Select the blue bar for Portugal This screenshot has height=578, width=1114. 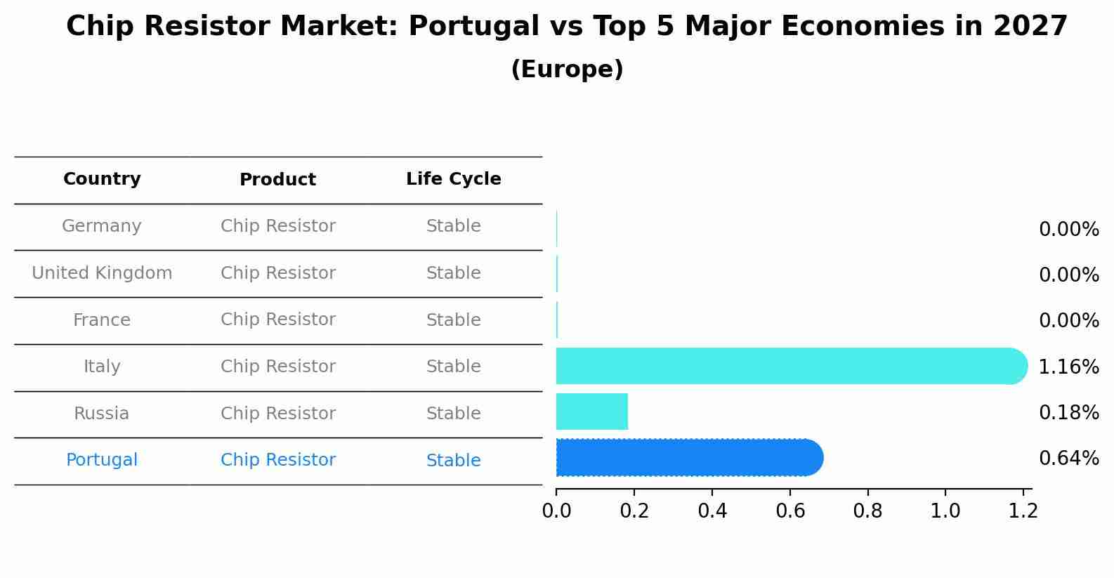pyautogui.click(x=688, y=458)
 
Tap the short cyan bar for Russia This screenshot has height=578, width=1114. pyautogui.click(x=591, y=412)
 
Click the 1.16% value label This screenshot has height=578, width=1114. pyautogui.click(x=1068, y=367)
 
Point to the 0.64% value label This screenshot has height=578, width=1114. pyautogui.click(x=1068, y=459)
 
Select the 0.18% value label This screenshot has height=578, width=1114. pyautogui.click(x=1068, y=413)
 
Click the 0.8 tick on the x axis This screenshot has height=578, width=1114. pyautogui.click(x=867, y=511)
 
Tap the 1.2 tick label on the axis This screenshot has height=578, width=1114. pyautogui.click(x=1023, y=511)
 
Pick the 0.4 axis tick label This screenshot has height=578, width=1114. pyautogui.click(x=712, y=511)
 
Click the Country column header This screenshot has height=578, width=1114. pyautogui.click(x=102, y=179)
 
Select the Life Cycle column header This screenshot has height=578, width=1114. pyautogui.click(x=454, y=179)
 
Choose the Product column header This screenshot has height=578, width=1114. pyautogui.click(x=277, y=180)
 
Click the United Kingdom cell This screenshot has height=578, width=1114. pyautogui.click(x=102, y=273)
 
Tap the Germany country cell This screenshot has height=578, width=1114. pyautogui.click(x=102, y=226)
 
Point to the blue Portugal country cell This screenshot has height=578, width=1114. pyautogui.click(x=102, y=460)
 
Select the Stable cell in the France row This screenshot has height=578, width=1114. pyautogui.click(x=454, y=320)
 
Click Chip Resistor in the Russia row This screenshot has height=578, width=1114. pyautogui.click(x=277, y=414)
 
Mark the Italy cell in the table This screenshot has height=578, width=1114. pyautogui.click(x=102, y=367)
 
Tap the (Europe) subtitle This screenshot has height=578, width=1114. pyautogui.click(x=567, y=70)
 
